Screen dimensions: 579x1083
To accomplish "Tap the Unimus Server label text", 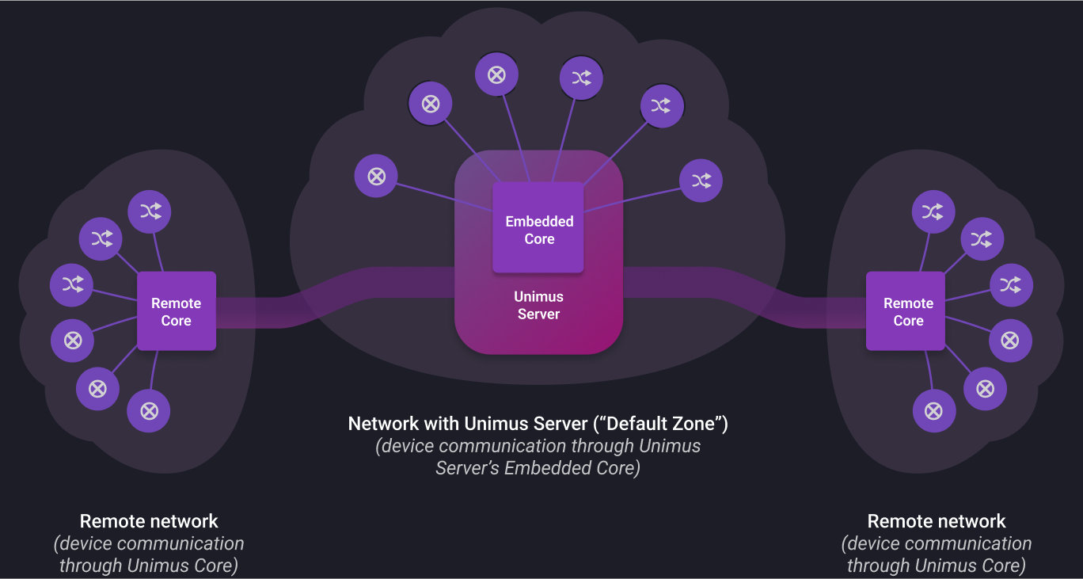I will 538,306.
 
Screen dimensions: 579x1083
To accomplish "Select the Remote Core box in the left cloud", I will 177,311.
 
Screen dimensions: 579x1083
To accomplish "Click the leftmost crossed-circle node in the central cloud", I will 376,176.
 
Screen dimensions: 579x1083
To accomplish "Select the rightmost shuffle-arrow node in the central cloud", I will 701,181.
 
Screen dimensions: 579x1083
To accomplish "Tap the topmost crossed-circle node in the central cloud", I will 496,75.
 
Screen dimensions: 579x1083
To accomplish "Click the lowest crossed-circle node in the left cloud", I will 149,410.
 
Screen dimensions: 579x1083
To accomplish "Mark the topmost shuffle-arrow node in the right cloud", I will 933,211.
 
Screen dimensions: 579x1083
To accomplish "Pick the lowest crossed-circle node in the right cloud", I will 934,410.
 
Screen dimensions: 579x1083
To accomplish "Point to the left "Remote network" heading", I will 149,521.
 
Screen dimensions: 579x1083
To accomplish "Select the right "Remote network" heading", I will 937,521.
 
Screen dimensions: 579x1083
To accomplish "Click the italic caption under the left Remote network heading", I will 149,554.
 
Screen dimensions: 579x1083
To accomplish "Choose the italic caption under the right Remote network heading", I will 937,554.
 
